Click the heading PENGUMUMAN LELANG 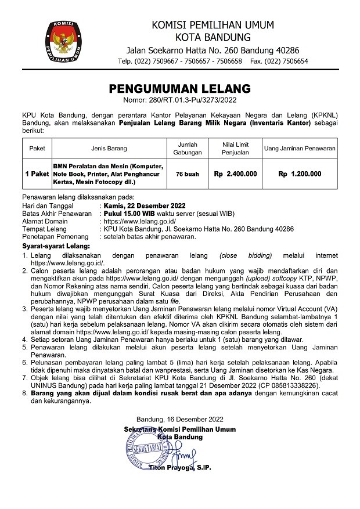[x=180, y=89]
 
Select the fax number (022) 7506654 [x=289, y=61]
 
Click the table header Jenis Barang [x=109, y=148]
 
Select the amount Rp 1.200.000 [x=300, y=174]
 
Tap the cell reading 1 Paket [x=37, y=174]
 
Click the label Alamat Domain [x=45, y=221]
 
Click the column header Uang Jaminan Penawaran [x=300, y=148]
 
